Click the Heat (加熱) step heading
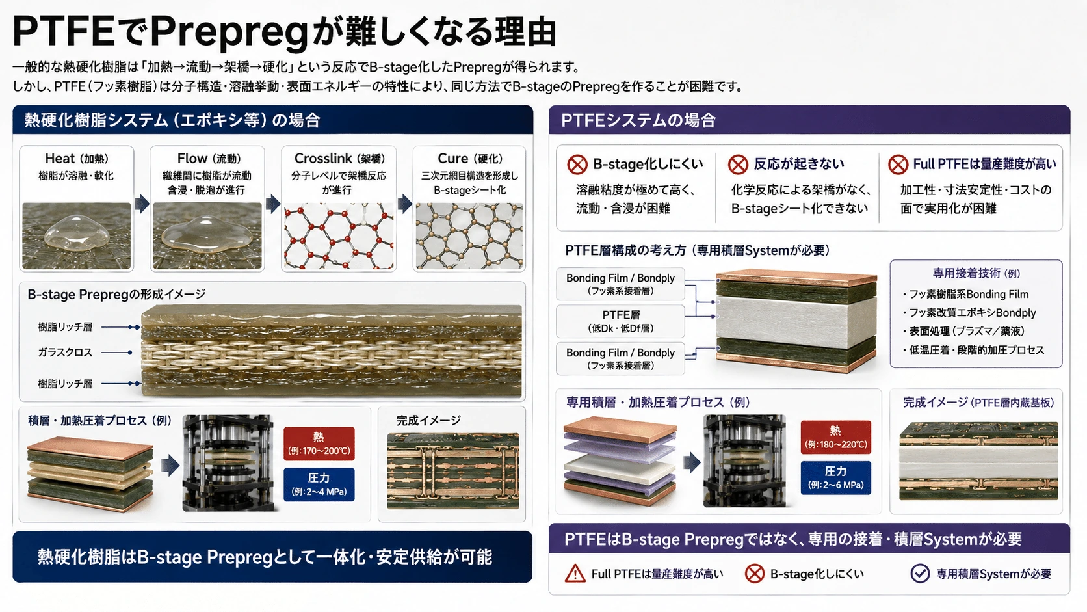(77, 159)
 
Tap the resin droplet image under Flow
(207, 236)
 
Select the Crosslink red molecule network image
(339, 236)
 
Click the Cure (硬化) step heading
(470, 159)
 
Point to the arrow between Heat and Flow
(142, 204)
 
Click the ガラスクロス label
(65, 353)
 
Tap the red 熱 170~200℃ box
(319, 444)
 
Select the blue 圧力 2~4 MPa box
(319, 485)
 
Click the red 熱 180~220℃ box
(835, 437)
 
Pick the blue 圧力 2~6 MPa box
(835, 477)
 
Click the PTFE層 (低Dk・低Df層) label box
(621, 321)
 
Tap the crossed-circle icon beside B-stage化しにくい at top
(577, 165)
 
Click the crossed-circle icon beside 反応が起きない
(738, 165)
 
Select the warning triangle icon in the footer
(575, 574)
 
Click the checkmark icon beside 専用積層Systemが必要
(919, 574)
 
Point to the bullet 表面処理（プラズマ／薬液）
(963, 332)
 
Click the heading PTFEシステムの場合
(638, 120)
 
